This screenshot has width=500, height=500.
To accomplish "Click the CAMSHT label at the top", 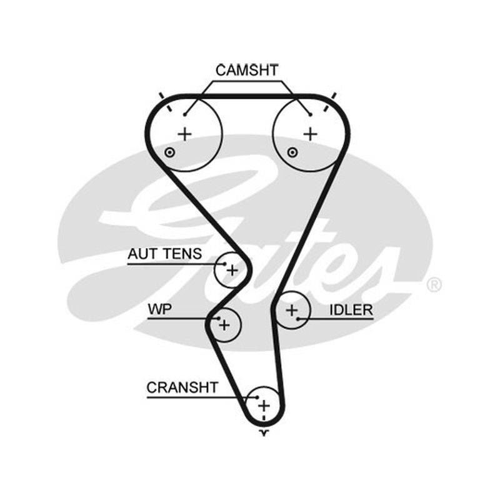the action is point(247,71).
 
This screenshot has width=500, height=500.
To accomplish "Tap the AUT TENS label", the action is point(164,254).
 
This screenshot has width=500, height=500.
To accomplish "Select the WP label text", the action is point(160,309).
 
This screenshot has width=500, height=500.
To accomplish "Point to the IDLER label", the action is point(351,310).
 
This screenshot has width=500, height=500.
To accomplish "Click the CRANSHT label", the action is point(182,387).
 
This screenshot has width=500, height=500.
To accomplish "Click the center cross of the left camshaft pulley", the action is point(184,134).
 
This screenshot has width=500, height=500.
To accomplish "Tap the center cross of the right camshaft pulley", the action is point(310,134).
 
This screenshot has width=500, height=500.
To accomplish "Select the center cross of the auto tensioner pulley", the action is point(232,271).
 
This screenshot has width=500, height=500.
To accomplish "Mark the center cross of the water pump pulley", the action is point(224,325).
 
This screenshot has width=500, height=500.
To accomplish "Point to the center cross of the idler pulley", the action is point(292,310).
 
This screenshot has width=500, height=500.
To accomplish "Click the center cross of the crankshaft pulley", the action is point(264,406).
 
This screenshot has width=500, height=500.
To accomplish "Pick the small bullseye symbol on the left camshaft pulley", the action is point(169,152).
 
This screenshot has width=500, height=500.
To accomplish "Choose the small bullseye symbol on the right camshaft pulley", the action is point(292,152).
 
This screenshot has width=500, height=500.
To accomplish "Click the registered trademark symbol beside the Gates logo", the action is point(434,285).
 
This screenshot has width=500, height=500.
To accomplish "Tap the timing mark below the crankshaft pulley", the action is point(264,432).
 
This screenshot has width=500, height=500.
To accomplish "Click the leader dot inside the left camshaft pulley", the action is point(185,114).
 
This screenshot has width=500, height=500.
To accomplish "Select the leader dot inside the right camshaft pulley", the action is point(310,114).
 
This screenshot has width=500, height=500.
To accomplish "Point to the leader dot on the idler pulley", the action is point(298,319).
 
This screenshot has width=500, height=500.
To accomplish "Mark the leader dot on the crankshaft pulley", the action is point(257,397).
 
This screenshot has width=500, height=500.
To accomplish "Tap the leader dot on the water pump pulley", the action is point(219,318).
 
